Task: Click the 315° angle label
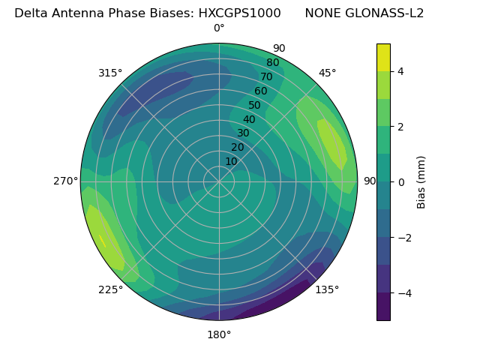[x=110, y=73]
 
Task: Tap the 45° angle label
[x=327, y=73]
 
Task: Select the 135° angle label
[x=327, y=290]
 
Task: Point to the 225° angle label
[x=110, y=290]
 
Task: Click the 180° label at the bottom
[x=219, y=334]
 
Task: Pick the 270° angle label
[x=65, y=181]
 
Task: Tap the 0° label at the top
[x=219, y=28]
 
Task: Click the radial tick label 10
[x=231, y=161]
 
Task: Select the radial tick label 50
[x=254, y=106]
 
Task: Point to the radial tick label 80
[x=272, y=62]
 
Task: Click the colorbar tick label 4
[x=401, y=71]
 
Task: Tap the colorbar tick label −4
[x=404, y=293]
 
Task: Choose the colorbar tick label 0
[x=401, y=182]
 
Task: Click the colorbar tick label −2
[x=404, y=238]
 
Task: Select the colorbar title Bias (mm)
[x=421, y=182]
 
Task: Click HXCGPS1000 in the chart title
[x=239, y=13]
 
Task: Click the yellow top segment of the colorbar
[x=383, y=58]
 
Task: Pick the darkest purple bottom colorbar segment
[x=383, y=307]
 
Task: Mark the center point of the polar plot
[x=219, y=181]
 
